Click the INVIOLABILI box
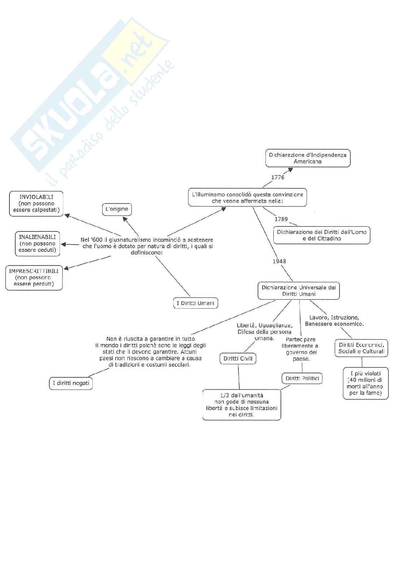click(36, 204)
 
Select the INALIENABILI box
click(37, 243)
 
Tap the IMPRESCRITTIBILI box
click(34, 277)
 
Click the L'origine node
click(117, 209)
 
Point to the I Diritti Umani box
click(195, 303)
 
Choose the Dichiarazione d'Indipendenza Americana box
click(308, 158)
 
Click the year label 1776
click(278, 177)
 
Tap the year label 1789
click(281, 219)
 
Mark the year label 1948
click(279, 261)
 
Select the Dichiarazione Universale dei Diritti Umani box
click(299, 291)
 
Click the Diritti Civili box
click(238, 358)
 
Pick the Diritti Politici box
click(302, 378)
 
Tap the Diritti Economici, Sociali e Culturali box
click(361, 348)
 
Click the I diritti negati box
click(71, 383)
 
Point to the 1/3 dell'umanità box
click(242, 405)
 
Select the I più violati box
click(365, 383)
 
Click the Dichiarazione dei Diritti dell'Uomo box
click(321, 235)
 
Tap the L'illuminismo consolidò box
click(247, 197)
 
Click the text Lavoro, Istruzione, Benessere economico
click(334, 321)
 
